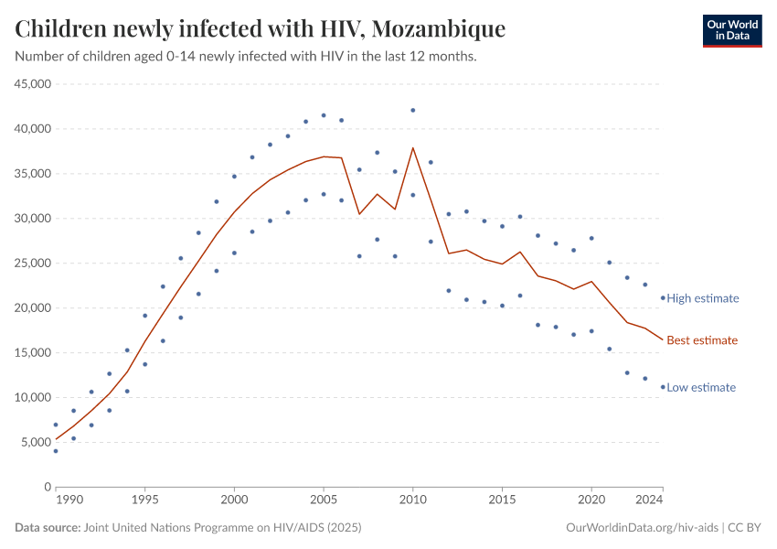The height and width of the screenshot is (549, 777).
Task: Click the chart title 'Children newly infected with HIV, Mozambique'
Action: (x=261, y=29)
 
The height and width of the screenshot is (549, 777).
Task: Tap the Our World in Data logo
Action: (x=731, y=31)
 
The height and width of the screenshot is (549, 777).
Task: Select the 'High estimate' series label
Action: (x=702, y=298)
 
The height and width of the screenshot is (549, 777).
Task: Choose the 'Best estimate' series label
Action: (x=701, y=340)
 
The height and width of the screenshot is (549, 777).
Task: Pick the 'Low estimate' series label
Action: (x=700, y=388)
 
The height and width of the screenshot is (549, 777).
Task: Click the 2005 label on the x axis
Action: (x=324, y=501)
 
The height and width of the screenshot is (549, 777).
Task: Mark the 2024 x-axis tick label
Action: (x=649, y=501)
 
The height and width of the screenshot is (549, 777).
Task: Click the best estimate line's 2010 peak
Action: (x=413, y=148)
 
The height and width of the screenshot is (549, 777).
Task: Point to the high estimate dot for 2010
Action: (x=413, y=110)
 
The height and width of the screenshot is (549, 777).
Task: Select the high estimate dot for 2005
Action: (x=324, y=115)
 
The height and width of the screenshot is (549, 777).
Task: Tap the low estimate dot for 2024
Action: (x=663, y=387)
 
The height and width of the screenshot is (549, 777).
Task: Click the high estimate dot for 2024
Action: (x=663, y=297)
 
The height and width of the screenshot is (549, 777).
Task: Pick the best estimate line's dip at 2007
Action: (x=359, y=214)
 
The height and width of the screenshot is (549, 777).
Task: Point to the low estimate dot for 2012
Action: (x=449, y=291)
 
